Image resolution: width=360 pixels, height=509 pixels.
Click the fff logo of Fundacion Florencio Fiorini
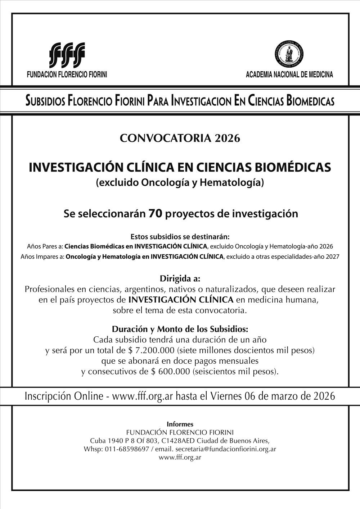click(67, 55)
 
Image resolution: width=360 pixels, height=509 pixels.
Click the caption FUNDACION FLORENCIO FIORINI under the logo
click(67, 75)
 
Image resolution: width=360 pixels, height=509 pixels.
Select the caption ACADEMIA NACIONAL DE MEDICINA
click(289, 75)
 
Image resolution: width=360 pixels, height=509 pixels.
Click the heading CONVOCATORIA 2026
click(180, 138)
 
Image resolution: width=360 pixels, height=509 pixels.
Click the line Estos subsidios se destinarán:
click(180, 237)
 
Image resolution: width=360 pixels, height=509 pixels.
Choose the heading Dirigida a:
click(180, 279)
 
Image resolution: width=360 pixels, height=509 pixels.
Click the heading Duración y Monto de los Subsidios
click(180, 329)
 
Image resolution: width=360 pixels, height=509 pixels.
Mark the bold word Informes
click(180, 424)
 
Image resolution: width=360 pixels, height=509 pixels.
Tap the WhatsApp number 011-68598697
click(125, 449)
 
